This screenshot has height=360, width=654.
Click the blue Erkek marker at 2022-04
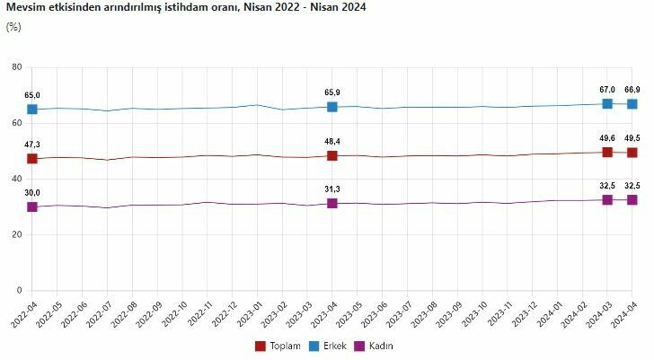coord(32,110)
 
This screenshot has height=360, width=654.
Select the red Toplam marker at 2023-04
coord(331,156)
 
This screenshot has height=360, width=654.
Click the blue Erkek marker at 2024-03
coord(607,103)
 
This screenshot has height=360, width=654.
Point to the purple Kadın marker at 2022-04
coord(32,206)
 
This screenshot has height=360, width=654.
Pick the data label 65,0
coord(32,94)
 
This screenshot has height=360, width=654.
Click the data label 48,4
coord(331,141)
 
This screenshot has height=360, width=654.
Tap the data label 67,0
coord(607,89)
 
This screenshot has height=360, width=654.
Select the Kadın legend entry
coord(380,346)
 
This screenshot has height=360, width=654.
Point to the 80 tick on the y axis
coord(16,67)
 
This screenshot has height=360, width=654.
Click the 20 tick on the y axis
coord(16,235)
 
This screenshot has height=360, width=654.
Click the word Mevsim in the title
coord(25,7)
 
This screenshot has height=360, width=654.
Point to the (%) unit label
coord(13,26)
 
